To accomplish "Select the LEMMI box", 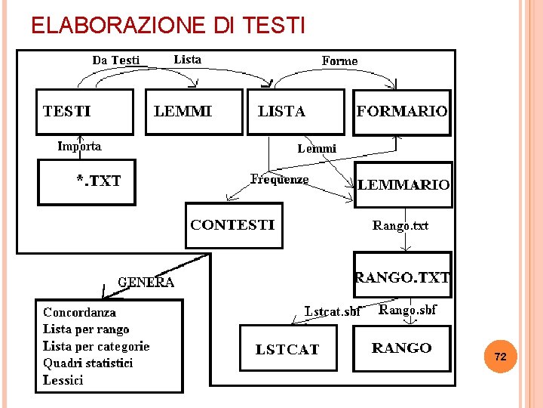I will (x=194, y=112).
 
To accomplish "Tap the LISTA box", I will (x=295, y=112).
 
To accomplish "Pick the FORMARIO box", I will (x=402, y=112).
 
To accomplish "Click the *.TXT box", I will (x=87, y=181).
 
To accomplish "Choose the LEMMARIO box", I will (x=403, y=184).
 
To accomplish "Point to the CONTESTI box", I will (x=234, y=225).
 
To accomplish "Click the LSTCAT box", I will (x=287, y=349).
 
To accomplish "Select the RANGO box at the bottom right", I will (x=401, y=348).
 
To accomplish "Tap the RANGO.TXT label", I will (x=403, y=277).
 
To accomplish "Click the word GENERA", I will (x=146, y=283).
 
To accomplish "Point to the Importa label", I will (x=80, y=146).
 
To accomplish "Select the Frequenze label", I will (x=279, y=179).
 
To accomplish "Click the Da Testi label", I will (x=116, y=60).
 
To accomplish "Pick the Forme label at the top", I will (x=340, y=60).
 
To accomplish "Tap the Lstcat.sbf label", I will (x=333, y=311).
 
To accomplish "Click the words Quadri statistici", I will (x=88, y=363).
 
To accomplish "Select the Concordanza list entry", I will (x=80, y=312).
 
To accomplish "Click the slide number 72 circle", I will (x=500, y=356).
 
